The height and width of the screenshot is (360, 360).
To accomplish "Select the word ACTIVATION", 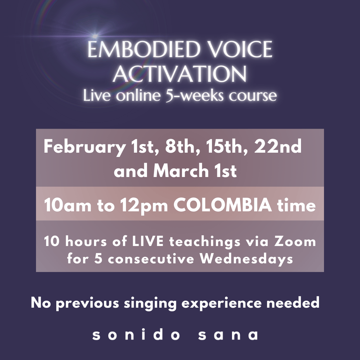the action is click(x=180, y=74).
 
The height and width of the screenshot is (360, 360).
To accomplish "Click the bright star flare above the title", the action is click(x=95, y=36).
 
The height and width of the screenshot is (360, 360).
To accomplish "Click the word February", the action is click(x=84, y=147).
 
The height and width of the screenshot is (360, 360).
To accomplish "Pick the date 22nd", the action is click(x=278, y=147).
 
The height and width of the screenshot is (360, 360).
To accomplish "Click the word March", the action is click(x=181, y=171).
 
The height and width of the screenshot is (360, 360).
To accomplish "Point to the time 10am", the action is click(x=68, y=205).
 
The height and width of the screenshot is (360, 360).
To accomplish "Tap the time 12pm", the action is click(x=144, y=206).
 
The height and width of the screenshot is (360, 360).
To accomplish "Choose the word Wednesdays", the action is click(x=246, y=259).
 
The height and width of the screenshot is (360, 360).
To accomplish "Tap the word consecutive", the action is click(x=151, y=259).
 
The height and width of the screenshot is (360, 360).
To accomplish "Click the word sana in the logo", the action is click(x=228, y=335).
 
